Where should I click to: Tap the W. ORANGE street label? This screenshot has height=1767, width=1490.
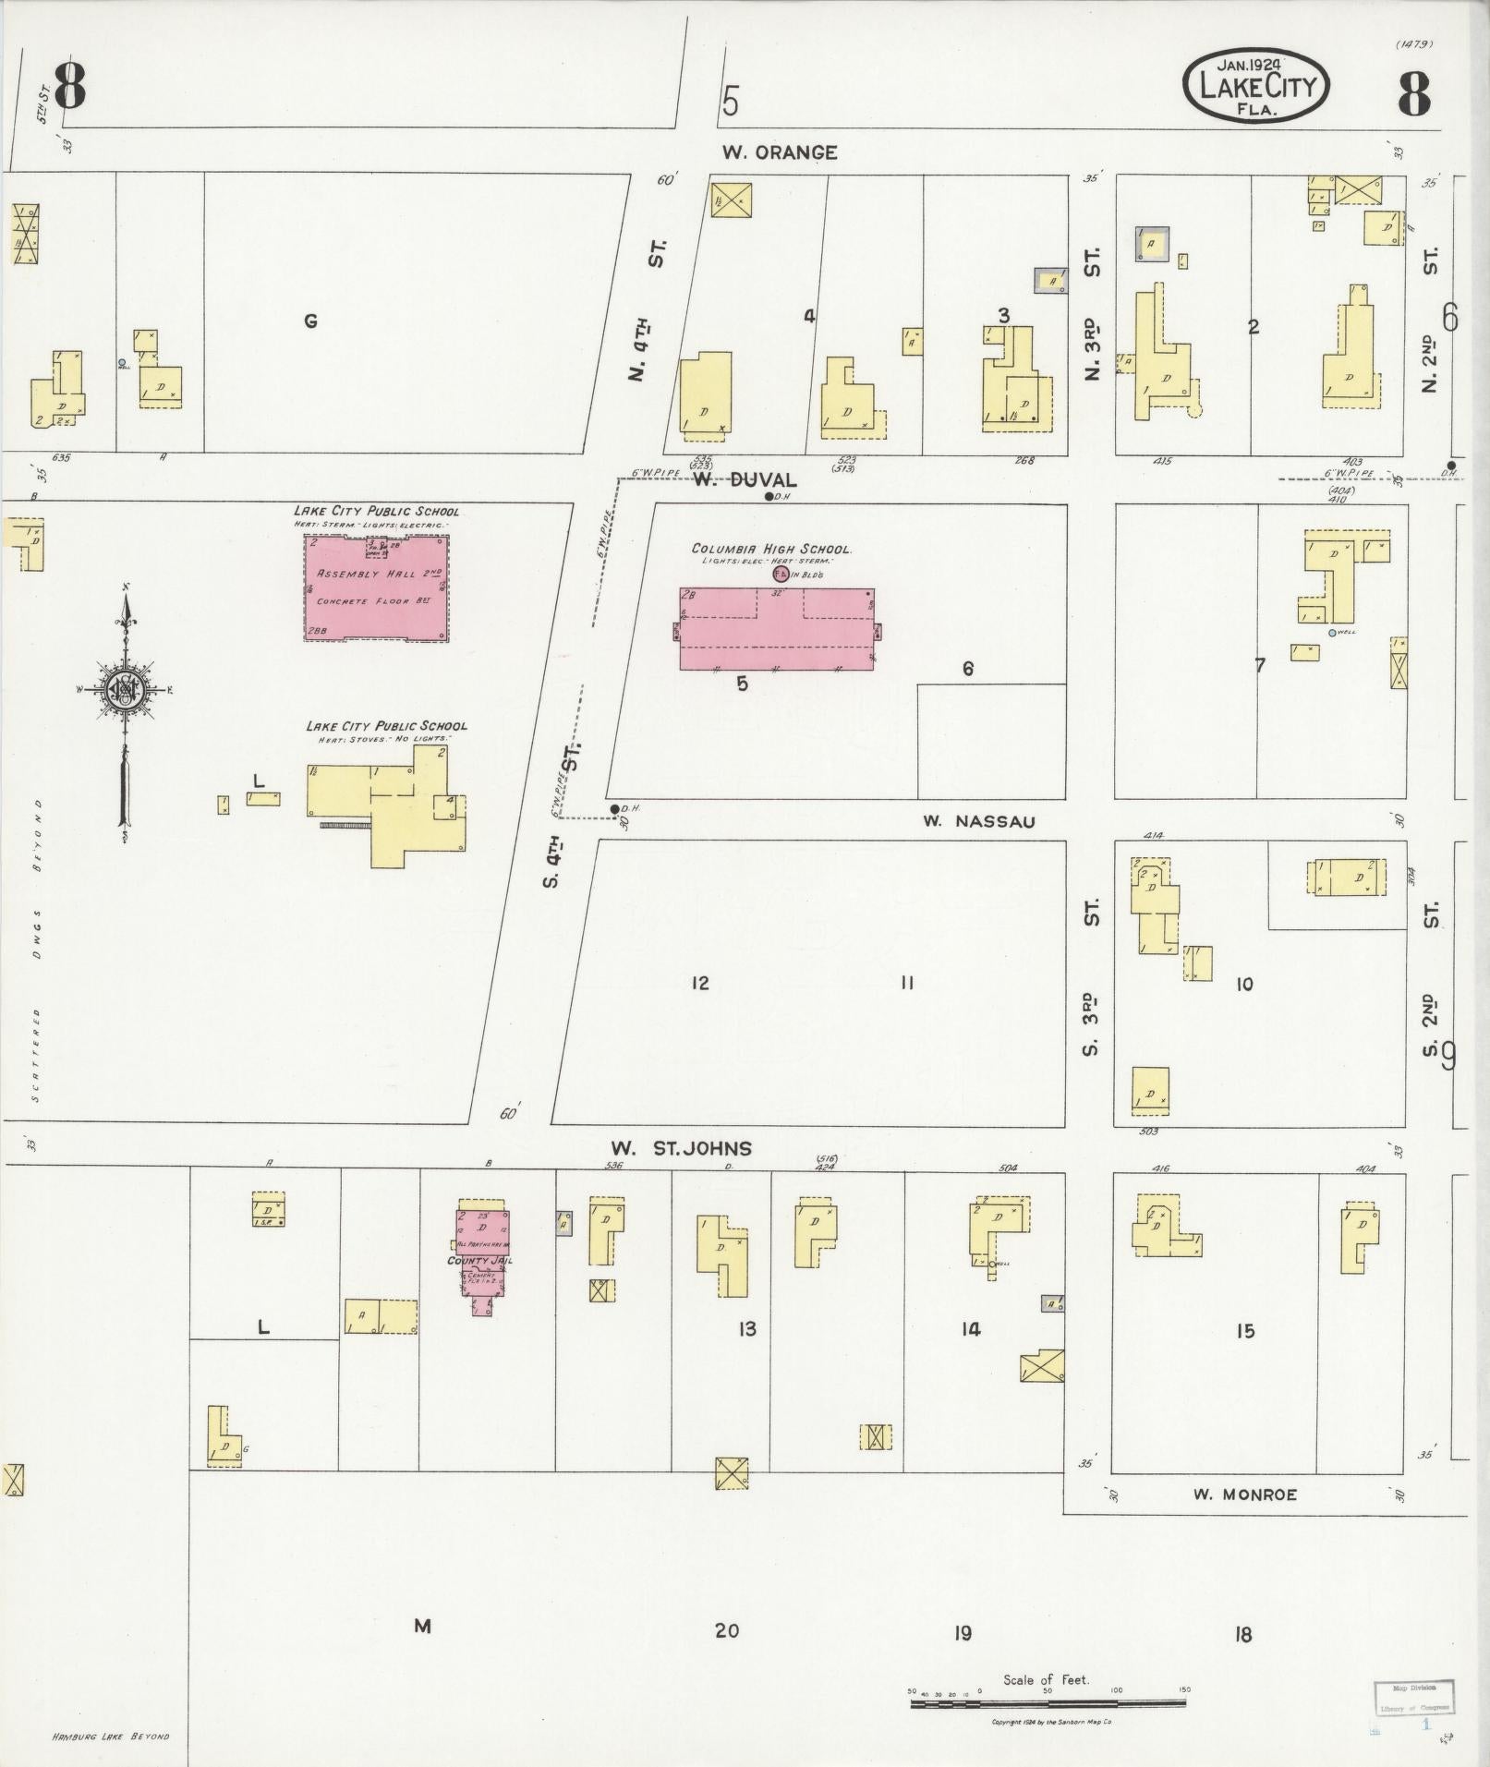[780, 153]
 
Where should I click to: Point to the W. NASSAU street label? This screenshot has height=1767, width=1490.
[978, 821]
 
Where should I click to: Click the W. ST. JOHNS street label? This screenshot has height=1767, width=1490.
[681, 1148]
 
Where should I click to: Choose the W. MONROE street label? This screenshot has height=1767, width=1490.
[1244, 1495]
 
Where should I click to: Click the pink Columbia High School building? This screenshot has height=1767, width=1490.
[776, 629]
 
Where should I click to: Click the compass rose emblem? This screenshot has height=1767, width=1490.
[124, 689]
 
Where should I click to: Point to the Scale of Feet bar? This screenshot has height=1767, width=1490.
[1048, 1702]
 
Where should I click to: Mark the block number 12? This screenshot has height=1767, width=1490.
[700, 983]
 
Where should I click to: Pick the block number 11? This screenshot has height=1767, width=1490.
[906, 983]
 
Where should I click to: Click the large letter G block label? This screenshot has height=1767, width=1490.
[311, 321]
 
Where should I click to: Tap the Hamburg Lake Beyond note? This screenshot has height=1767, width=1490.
[111, 1737]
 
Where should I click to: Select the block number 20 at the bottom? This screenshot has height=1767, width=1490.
[727, 1631]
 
